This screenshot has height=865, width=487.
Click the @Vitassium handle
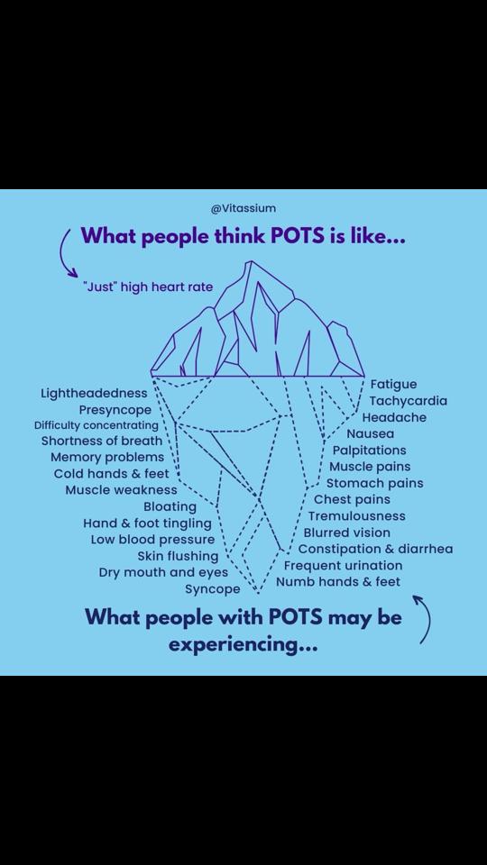[x=243, y=208]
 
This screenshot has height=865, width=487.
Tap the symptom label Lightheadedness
[x=95, y=394]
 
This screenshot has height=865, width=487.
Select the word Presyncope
[x=115, y=411]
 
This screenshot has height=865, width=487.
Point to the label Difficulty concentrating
[x=96, y=425]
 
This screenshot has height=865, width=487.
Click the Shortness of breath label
[x=102, y=441]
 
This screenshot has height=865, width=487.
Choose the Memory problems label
[x=107, y=458]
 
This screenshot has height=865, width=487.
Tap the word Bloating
[x=170, y=506]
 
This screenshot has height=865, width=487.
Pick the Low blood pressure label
[x=153, y=539]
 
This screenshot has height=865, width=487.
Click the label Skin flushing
[x=178, y=556]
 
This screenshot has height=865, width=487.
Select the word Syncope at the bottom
[x=213, y=589]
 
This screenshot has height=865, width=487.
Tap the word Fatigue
[x=394, y=384]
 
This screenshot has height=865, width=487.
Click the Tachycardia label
[x=408, y=400]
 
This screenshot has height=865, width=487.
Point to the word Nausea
[x=371, y=433]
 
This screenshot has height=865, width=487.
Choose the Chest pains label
[x=353, y=500]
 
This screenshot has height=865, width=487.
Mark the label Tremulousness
[x=357, y=516]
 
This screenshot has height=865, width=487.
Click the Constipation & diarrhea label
[x=375, y=550]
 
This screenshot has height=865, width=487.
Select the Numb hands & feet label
[x=338, y=582]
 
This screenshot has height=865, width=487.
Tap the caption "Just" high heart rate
[x=147, y=287]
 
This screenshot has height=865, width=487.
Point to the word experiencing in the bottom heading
[x=243, y=644]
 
